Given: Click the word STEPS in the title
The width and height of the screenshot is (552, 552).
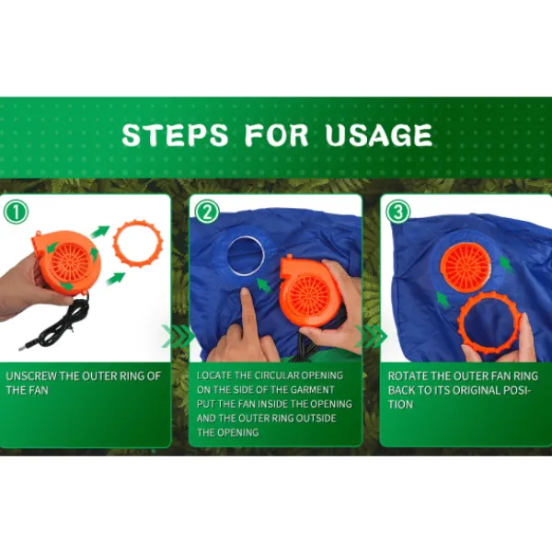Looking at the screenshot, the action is (175, 134).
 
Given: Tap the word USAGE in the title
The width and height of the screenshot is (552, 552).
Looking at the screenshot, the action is (379, 134).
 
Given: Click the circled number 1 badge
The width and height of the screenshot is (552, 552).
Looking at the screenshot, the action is (16, 212).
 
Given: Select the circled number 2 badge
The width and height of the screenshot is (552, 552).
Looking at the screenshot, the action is (207, 212).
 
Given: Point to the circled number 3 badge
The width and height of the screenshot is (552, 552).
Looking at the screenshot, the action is (398, 212).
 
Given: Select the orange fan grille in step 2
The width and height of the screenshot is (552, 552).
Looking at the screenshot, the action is (308, 294).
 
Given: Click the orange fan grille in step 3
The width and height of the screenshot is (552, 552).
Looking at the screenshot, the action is (466, 268).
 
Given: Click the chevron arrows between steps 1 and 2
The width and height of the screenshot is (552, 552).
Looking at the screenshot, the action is (178, 336).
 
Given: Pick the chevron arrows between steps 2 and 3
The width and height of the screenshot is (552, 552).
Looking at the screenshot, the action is (371, 336).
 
